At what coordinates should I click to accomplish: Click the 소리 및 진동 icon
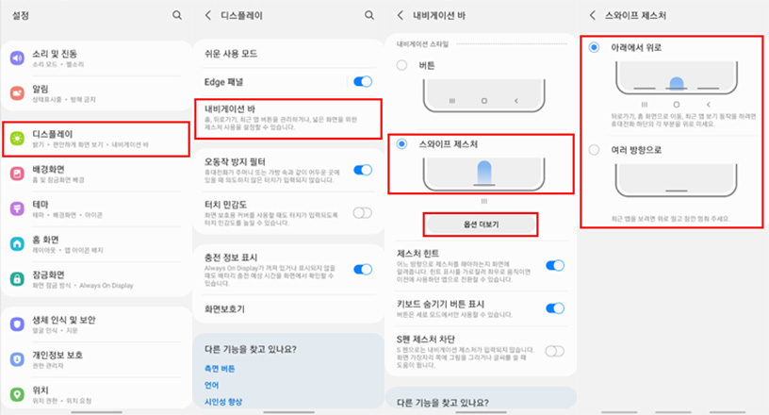point(16,58)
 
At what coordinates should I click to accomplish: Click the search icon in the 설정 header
point(177,15)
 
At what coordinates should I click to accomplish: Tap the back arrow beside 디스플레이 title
point(206,15)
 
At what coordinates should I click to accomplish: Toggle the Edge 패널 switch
point(362,83)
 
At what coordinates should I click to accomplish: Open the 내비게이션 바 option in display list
point(287,117)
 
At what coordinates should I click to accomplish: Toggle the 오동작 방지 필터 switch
point(362,170)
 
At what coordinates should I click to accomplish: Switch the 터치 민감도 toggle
point(362,212)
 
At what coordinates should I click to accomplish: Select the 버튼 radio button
point(402,65)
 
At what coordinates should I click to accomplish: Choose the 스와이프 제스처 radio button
point(402,144)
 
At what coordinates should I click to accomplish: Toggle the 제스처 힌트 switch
point(554,266)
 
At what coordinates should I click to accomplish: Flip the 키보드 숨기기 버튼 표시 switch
point(554,308)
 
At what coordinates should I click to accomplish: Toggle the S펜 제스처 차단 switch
point(554,351)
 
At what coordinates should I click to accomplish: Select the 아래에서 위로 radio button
point(594,47)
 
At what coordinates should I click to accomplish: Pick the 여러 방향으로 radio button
point(594,149)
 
